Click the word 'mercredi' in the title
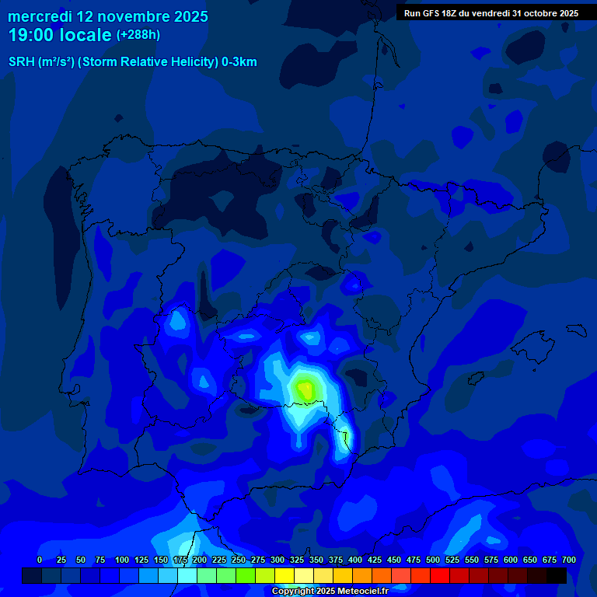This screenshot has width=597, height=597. (x=40, y=16)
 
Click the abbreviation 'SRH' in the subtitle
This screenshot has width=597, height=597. (x=22, y=62)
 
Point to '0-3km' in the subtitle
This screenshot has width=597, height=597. (x=239, y=62)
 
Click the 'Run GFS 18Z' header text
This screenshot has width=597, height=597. (x=432, y=13)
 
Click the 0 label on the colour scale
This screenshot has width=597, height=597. (x=40, y=560)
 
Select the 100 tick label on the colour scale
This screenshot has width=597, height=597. (x=122, y=560)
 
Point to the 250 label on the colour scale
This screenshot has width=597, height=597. (x=239, y=560)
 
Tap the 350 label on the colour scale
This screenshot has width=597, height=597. (x=316, y=560)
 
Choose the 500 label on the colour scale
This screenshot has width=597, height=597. (x=433, y=560)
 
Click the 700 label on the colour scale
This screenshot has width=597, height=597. (x=569, y=560)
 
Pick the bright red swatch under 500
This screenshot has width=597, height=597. (x=440, y=575)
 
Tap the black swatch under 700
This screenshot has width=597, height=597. (x=557, y=575)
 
